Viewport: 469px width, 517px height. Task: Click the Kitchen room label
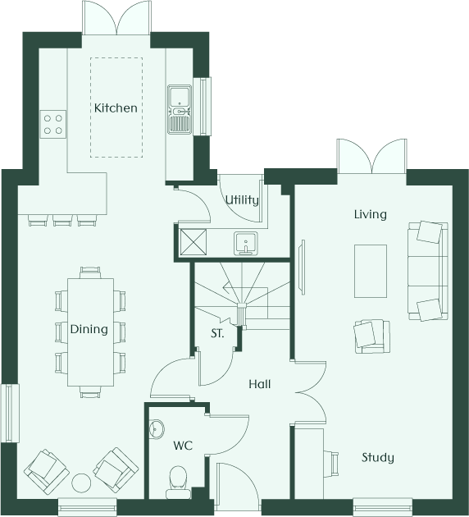coord(116,108)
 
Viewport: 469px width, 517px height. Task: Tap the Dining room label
coord(89,329)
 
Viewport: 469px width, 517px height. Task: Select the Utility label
coord(242,199)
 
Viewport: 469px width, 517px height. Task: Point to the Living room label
coord(371,214)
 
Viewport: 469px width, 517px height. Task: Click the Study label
coord(378,458)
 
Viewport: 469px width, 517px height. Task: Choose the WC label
coord(183,446)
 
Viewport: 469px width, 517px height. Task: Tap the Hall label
coord(260,384)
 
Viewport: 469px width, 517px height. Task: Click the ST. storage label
coord(217,333)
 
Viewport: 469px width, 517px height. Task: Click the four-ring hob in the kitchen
coord(53,124)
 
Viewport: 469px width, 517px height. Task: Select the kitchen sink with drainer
coord(180,109)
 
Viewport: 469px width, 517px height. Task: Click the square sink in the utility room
coord(246,244)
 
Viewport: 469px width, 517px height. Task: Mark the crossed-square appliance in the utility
coord(193,242)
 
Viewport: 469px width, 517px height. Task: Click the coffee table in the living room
coord(371,271)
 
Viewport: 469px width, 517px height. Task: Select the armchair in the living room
coord(371,336)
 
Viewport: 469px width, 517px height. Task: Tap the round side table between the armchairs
coord(81,483)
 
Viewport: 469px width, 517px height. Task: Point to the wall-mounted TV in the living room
coord(302,267)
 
